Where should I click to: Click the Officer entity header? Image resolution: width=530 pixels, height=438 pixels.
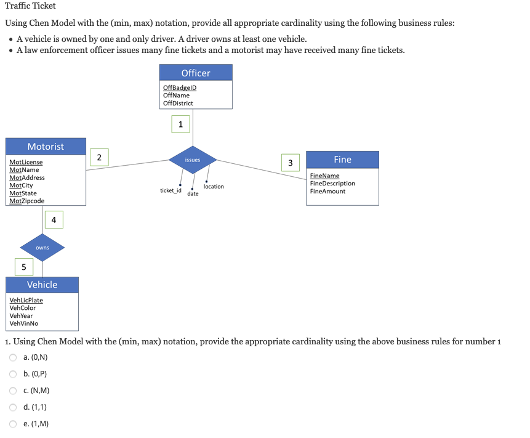click(x=196, y=73)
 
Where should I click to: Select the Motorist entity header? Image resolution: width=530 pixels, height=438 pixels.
click(x=46, y=147)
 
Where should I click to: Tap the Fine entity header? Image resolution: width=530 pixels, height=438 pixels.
click(x=342, y=160)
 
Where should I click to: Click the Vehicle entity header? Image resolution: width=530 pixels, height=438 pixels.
click(x=42, y=285)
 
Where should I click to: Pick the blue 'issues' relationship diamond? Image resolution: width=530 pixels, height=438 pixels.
click(x=193, y=160)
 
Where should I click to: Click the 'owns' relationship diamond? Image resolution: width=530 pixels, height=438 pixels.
click(x=42, y=248)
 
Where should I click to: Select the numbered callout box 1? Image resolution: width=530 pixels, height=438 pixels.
click(x=180, y=124)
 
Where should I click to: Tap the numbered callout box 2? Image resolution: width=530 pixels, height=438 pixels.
click(x=99, y=156)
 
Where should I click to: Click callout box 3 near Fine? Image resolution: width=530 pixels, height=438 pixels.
click(x=291, y=163)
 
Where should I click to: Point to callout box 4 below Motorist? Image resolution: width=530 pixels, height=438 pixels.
click(x=54, y=219)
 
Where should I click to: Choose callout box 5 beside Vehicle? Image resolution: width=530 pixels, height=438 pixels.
click(x=24, y=267)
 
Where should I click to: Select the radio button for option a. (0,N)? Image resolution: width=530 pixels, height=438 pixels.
click(x=12, y=357)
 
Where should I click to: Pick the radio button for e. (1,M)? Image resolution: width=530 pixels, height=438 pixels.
click(x=12, y=424)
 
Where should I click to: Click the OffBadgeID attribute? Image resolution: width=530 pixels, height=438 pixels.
click(x=180, y=87)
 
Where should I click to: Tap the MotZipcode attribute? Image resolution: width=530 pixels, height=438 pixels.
click(x=27, y=201)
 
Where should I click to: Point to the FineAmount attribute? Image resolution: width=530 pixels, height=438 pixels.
click(x=327, y=192)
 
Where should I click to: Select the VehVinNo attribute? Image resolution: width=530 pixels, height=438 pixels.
click(x=24, y=323)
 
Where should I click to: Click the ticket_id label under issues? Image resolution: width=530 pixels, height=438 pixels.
click(x=171, y=191)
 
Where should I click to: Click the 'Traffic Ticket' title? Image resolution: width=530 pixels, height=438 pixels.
click(x=30, y=6)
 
